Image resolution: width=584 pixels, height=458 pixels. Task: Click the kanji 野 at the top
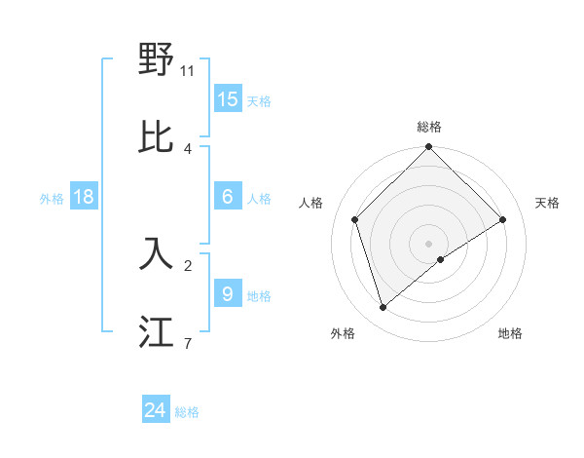(x=157, y=60)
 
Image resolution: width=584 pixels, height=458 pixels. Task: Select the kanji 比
(x=157, y=137)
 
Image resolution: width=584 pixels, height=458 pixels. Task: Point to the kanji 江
(x=157, y=331)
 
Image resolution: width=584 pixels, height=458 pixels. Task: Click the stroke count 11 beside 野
(x=188, y=71)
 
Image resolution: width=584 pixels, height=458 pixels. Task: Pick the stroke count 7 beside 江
(x=187, y=343)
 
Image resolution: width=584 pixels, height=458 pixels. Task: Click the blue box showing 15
(x=228, y=99)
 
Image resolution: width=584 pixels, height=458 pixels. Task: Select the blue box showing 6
(x=228, y=197)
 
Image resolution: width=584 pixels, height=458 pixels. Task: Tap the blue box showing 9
(x=228, y=294)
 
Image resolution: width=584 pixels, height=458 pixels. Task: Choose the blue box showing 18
(x=84, y=197)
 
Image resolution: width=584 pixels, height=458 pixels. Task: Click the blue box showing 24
(x=156, y=410)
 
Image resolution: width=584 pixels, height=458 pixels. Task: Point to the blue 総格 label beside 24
(x=187, y=412)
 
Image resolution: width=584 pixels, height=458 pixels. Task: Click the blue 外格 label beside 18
(x=52, y=199)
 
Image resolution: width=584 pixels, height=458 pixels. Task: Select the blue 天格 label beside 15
(x=259, y=101)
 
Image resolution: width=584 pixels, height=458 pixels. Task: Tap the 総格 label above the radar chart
(x=429, y=127)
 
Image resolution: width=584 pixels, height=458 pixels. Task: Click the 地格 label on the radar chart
(x=510, y=333)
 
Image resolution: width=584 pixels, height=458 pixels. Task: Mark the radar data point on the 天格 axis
(x=503, y=219)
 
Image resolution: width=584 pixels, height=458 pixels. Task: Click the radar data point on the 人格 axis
(x=355, y=219)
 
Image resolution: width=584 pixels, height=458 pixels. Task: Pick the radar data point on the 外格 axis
(x=383, y=307)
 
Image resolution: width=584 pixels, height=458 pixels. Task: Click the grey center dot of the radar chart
(x=429, y=243)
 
